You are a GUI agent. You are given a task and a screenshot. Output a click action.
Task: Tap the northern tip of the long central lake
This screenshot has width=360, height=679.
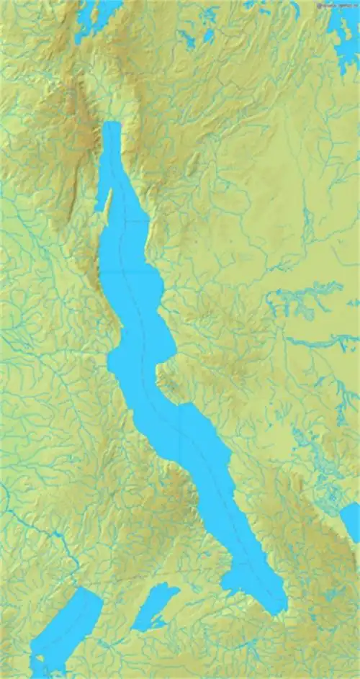(111, 126)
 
